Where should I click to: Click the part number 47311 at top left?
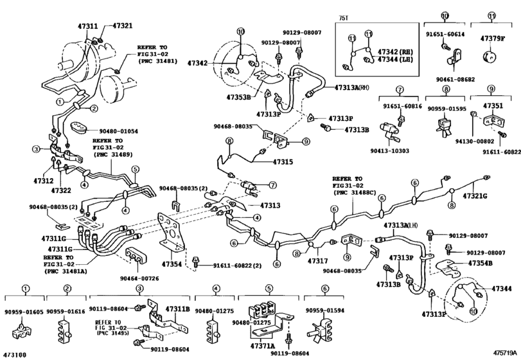click(x=71, y=26)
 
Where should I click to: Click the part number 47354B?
click(x=481, y=264)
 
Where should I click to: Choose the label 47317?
click(x=317, y=262)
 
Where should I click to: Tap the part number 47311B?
click(x=178, y=310)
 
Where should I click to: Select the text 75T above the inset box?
click(x=343, y=19)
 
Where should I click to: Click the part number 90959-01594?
click(x=325, y=310)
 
